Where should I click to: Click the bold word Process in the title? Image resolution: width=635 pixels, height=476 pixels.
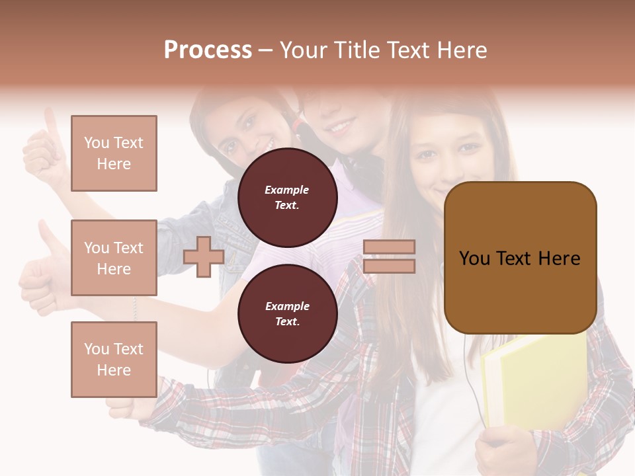click(x=208, y=50)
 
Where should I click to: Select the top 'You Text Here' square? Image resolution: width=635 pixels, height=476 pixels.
click(x=114, y=153)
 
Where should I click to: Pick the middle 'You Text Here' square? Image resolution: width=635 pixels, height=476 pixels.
click(x=114, y=258)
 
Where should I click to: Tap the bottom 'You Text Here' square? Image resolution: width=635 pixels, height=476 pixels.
click(x=114, y=360)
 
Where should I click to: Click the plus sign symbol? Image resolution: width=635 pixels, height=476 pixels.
click(x=204, y=257)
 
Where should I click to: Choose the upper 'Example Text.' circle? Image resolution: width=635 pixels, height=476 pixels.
click(x=287, y=198)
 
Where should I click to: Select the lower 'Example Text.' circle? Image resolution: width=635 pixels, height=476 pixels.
click(x=287, y=314)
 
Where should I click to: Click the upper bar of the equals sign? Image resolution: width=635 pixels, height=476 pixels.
click(x=390, y=247)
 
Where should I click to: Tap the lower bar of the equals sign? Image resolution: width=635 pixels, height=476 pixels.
click(x=390, y=266)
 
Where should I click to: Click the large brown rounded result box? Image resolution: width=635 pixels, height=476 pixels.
click(x=520, y=258)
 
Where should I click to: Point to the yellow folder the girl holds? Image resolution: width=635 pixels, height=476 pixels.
click(x=529, y=377)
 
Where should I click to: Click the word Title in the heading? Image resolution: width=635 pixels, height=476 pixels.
click(x=357, y=50)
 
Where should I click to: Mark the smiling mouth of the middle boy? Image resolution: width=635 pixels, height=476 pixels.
click(x=341, y=124)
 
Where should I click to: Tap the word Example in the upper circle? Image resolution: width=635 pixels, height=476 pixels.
click(x=286, y=190)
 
